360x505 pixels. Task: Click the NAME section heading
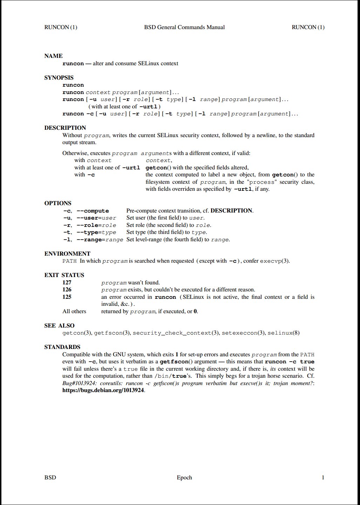point(53,56)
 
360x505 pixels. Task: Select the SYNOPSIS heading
point(59,78)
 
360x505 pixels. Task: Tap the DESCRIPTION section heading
point(65,128)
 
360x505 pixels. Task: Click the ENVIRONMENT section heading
point(67,254)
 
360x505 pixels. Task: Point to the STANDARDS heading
point(62,347)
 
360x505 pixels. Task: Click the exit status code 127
point(67,283)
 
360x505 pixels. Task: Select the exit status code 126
point(67,290)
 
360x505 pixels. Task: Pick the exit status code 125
point(67,297)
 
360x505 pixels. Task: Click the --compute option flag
point(93,211)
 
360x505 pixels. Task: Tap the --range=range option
point(100,240)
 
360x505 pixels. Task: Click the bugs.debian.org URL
point(103,390)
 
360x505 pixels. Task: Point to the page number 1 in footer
point(323,478)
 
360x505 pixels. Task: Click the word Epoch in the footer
point(184,478)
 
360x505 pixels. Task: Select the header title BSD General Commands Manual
point(184,27)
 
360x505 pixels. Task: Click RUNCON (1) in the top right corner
point(308,27)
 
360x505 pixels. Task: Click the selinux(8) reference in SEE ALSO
point(283,333)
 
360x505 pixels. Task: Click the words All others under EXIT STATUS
point(74,311)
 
